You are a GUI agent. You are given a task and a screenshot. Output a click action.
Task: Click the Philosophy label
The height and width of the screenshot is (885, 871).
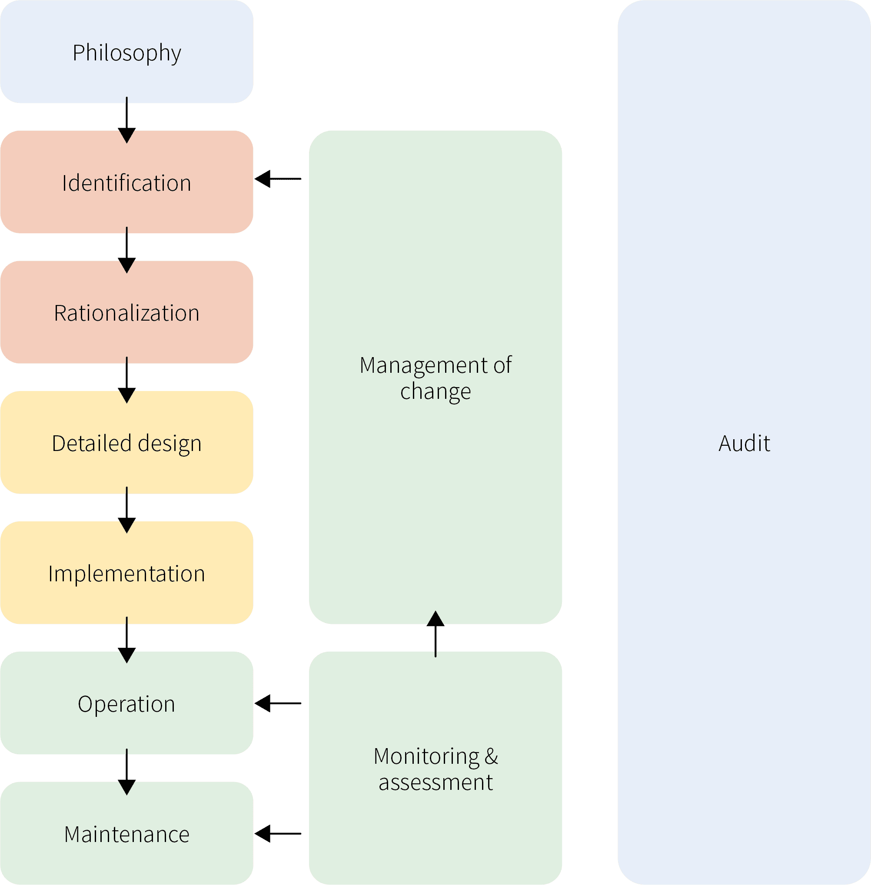pos(127,53)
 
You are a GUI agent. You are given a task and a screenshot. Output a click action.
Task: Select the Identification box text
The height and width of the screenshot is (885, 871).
pos(127,183)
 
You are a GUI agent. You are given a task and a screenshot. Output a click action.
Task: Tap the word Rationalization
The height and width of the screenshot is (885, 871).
pos(127,313)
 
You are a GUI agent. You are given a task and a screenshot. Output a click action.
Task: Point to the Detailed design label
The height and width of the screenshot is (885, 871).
pos(127,443)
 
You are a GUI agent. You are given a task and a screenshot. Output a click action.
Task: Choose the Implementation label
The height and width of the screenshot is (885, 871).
pos(127,573)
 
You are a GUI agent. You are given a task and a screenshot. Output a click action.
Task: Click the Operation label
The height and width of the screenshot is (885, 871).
pos(127,704)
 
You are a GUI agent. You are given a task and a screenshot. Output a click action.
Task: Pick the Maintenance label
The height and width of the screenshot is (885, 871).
pos(127,834)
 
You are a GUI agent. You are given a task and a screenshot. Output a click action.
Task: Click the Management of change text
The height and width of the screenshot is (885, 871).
pos(435,378)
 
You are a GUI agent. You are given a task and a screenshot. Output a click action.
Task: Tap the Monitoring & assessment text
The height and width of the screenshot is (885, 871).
pos(435,769)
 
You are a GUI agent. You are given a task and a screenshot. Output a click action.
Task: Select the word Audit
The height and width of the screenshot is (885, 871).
pos(744,443)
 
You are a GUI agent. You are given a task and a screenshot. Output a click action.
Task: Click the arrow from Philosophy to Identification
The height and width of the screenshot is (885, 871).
pos(127,120)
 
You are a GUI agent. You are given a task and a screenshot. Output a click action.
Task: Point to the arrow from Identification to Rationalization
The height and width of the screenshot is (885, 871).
pos(127,250)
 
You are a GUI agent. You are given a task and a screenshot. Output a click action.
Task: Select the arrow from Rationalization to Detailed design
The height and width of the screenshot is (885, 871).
pos(127,380)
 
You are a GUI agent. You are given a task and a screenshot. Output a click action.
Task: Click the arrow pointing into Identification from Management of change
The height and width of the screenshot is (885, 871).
pos(278,179)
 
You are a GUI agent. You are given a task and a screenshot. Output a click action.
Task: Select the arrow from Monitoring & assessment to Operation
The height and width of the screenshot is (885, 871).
pos(278,703)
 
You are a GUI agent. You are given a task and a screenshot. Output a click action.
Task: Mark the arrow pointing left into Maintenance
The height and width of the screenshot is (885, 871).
pos(278,833)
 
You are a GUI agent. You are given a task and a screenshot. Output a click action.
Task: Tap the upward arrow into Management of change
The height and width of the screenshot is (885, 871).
pos(435,634)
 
